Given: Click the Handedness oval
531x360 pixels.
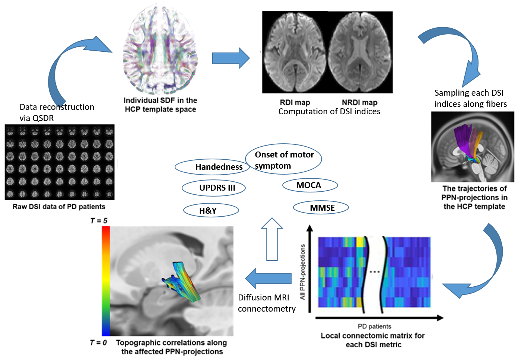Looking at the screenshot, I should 210,167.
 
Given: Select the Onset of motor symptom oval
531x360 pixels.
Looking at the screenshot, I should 284,159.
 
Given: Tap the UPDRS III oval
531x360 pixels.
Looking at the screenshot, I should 214,188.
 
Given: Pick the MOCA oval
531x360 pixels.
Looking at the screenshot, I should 310,185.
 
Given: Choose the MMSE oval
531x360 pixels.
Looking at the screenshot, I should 321,208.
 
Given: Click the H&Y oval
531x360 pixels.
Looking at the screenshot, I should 211,210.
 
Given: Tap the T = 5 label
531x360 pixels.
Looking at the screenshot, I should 99,221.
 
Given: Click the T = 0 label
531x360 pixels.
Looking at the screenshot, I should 98,343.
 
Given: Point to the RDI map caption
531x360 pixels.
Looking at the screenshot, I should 295,102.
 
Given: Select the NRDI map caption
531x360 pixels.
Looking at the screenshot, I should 359,102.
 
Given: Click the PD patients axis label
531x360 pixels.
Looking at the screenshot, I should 374,326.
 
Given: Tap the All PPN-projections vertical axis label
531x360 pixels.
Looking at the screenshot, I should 302,272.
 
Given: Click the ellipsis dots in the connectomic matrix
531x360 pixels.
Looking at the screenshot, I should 374,272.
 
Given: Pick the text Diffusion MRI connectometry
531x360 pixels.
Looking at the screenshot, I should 267,303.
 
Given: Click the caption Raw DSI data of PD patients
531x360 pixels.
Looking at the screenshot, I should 59,207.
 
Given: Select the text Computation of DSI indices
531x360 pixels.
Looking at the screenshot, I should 329,112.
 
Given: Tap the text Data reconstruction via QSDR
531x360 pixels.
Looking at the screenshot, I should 57,112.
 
